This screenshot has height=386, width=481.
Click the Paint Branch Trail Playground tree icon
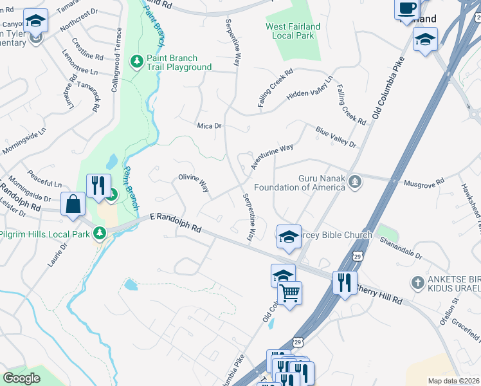(136, 60)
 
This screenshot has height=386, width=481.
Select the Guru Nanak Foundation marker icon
(354, 183)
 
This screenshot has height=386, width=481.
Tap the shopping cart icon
(290, 293)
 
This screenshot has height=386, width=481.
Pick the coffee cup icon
(406, 8)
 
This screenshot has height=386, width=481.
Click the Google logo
(21, 378)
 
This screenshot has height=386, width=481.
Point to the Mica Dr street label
(209, 126)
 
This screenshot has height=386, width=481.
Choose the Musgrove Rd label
(423, 183)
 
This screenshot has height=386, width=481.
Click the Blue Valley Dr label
(335, 137)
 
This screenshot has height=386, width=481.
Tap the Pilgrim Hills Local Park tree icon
(99, 232)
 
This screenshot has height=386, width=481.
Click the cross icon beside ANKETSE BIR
(417, 282)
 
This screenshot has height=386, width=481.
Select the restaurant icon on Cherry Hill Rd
(344, 282)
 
